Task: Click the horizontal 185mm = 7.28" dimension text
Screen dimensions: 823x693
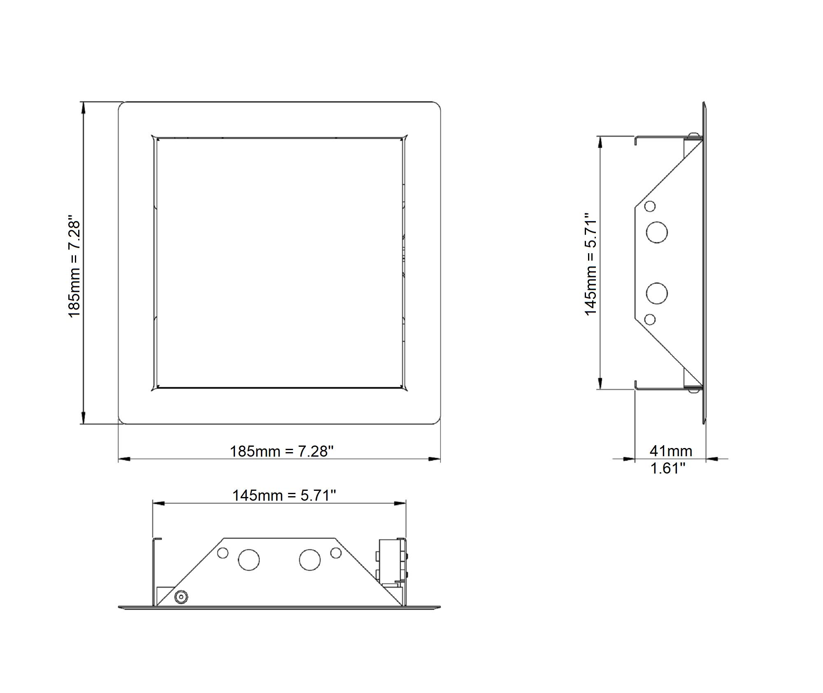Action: click(x=281, y=451)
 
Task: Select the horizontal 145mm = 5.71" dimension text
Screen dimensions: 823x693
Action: click(x=284, y=495)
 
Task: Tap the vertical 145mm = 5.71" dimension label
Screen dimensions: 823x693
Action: click(x=591, y=264)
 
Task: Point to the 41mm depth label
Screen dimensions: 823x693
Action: click(x=671, y=451)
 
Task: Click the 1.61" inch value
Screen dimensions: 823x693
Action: click(x=667, y=468)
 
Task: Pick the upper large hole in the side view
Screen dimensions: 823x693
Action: click(x=657, y=232)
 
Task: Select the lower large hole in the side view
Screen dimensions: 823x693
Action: click(x=657, y=294)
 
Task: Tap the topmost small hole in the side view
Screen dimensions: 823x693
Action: click(x=650, y=206)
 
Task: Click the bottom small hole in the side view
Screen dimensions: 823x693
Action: click(x=650, y=319)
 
